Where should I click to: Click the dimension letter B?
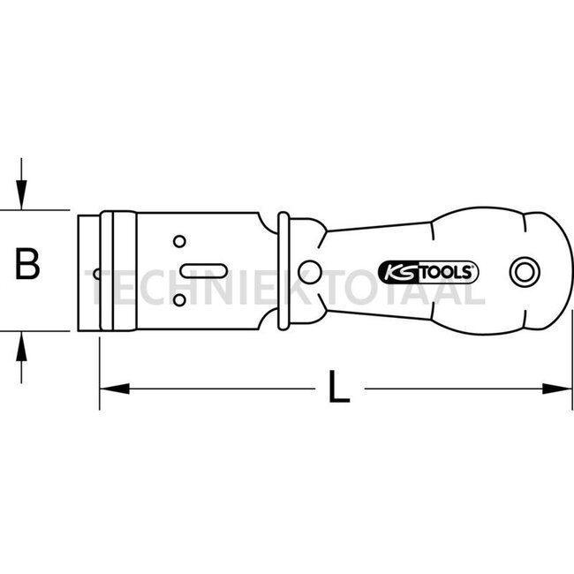[27, 263]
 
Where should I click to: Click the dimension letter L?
[339, 387]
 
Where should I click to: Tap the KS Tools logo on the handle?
[428, 272]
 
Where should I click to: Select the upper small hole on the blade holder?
[179, 242]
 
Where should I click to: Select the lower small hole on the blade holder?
[179, 300]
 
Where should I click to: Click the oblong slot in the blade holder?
[204, 271]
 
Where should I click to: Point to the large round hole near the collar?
[310, 272]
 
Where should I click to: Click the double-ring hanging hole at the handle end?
[525, 272]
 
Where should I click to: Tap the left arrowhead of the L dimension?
[115, 389]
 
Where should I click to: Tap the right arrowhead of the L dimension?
[557, 389]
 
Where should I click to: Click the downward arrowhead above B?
[21, 195]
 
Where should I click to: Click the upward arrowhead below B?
[21, 346]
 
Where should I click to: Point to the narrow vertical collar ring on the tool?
[283, 271]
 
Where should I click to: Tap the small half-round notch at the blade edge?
[96, 274]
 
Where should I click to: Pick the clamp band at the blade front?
[118, 271]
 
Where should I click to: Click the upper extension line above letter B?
[34, 210]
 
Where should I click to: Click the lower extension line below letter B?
[34, 331]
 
